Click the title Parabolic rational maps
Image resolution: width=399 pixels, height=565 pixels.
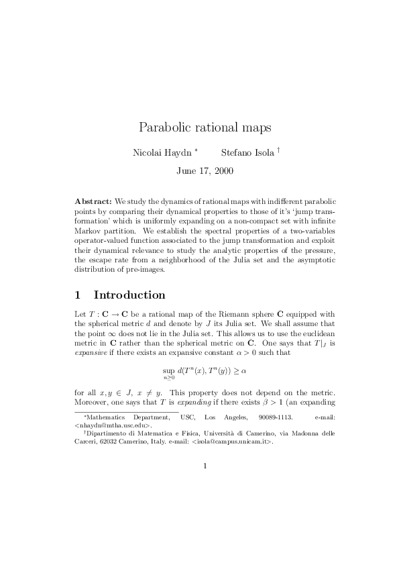point(200,127)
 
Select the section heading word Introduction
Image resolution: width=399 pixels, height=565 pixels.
point(129,295)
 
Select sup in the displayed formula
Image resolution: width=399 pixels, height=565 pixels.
point(168,368)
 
